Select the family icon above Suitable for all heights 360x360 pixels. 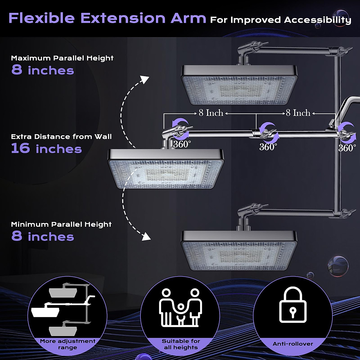[x=179, y=307]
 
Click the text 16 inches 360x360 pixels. [x=46, y=149]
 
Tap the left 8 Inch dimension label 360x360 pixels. [x=211, y=113]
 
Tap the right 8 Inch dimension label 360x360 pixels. [x=298, y=113]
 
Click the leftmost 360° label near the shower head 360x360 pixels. [x=182, y=144]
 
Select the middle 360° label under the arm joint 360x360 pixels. [x=268, y=147]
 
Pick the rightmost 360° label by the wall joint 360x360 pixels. [x=347, y=148]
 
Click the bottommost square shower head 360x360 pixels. [x=239, y=250]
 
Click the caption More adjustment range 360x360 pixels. [x=67, y=344]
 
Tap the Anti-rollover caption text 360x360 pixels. [x=292, y=344]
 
